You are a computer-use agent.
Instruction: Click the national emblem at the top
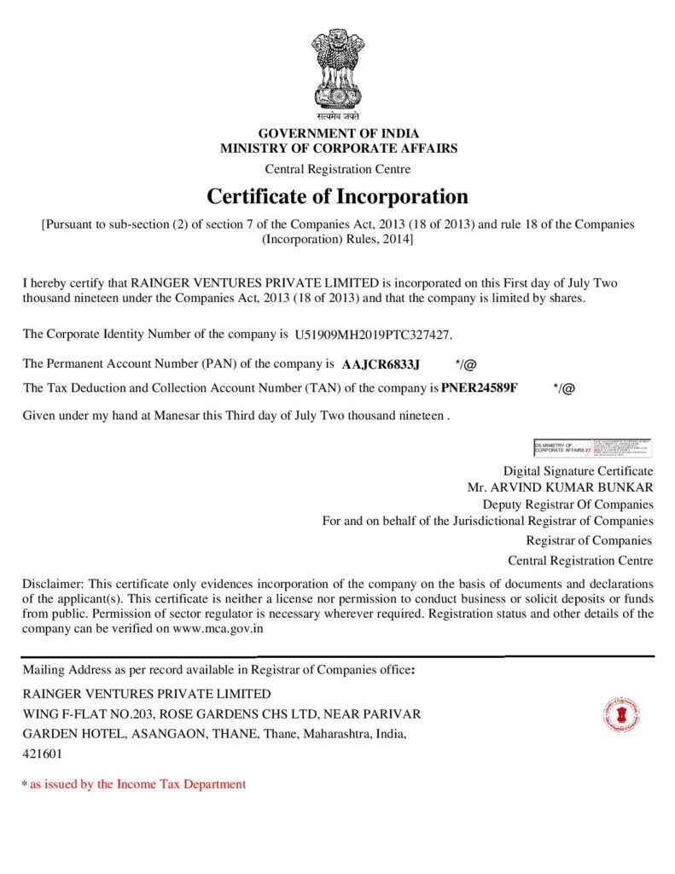(337, 68)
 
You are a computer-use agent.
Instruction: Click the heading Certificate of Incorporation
(337, 196)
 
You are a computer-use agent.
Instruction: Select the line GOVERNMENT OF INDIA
(338, 134)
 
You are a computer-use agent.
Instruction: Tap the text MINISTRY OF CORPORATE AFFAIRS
(338, 148)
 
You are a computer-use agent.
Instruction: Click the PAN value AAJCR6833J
(381, 364)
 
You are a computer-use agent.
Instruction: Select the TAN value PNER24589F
(480, 387)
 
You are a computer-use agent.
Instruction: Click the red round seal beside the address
(620, 714)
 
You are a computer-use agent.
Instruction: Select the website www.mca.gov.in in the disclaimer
(218, 629)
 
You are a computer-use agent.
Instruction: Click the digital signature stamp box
(593, 446)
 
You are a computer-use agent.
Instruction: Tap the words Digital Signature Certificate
(578, 470)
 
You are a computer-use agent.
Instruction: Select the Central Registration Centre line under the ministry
(338, 168)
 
